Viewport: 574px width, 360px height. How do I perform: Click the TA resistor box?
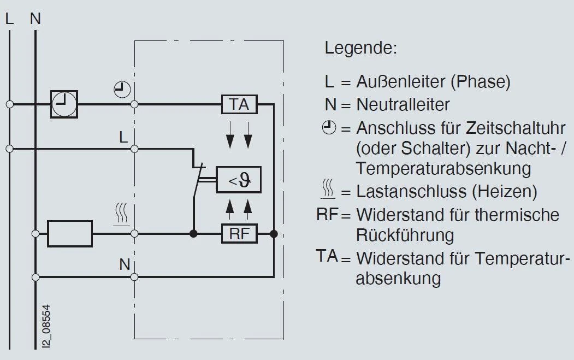[239, 104]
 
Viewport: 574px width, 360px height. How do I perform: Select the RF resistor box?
[239, 234]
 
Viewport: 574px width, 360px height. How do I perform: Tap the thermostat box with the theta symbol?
[239, 180]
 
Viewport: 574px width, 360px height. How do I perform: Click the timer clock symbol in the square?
[64, 104]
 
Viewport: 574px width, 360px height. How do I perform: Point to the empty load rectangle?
[70, 234]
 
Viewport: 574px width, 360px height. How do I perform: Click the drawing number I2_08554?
[49, 326]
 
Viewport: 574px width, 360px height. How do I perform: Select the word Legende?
[360, 48]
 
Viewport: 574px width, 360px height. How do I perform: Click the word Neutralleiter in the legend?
[403, 104]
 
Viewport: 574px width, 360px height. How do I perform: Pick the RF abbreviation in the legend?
[328, 214]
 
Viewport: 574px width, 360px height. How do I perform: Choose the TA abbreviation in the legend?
[328, 255]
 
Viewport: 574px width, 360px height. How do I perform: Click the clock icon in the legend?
[328, 128]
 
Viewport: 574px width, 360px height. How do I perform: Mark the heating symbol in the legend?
[328, 191]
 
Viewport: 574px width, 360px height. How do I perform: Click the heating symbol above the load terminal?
[121, 214]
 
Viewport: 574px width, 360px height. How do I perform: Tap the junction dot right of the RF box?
[274, 234]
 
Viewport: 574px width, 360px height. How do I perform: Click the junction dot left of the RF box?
[193, 234]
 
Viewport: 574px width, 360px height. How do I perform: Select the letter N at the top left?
[35, 19]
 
